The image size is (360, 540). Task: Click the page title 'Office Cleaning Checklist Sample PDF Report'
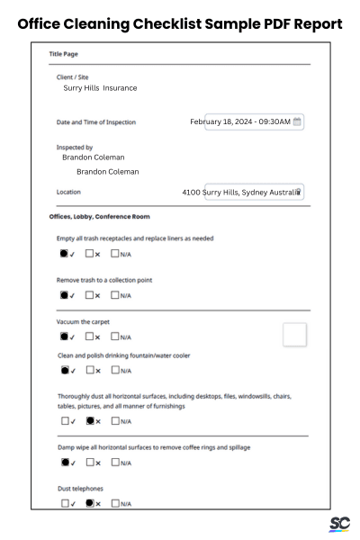point(180,23)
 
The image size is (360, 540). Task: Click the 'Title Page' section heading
point(63,55)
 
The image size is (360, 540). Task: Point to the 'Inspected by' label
point(75,147)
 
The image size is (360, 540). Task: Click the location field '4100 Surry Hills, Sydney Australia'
point(241,192)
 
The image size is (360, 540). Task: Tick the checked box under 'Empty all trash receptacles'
point(65,254)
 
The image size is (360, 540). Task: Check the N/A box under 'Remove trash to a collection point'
point(115,294)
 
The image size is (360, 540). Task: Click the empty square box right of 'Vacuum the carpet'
point(294,335)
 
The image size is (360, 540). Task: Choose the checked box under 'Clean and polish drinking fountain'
point(65,369)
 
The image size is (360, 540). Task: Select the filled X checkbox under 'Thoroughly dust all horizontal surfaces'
point(90,420)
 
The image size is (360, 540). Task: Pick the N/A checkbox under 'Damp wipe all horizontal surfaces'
point(115,463)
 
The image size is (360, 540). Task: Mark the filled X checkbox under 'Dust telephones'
point(90,503)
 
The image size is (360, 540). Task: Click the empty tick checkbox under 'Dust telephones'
point(65,503)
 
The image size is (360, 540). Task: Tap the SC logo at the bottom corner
point(339,524)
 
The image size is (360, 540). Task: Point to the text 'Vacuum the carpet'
point(83,321)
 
